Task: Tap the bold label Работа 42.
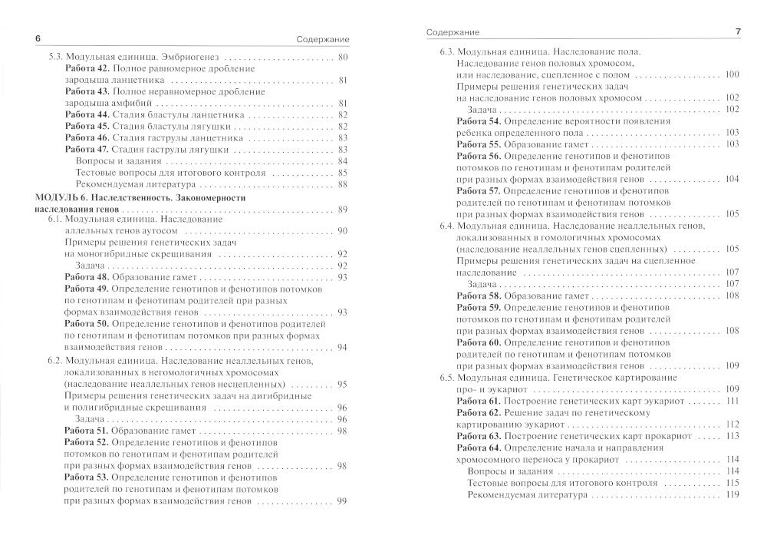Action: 87,69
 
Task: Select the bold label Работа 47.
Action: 87,149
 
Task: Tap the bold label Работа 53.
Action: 87,477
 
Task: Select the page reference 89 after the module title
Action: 342,210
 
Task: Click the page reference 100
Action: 731,74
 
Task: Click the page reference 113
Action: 732,435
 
